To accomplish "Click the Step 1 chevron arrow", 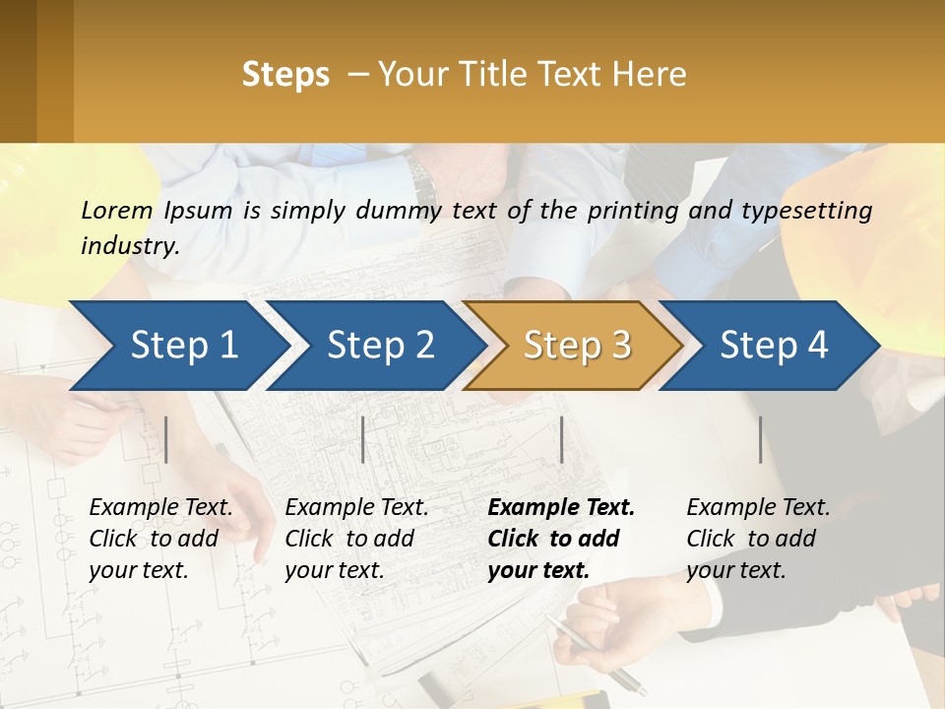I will (177, 346).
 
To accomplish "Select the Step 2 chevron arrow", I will (375, 346).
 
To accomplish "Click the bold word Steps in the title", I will (285, 74).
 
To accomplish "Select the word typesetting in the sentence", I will (806, 210).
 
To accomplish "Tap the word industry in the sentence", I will (129, 245).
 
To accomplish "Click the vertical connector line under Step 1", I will (166, 439).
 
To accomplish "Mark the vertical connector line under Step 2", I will (363, 439).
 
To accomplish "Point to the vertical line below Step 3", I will (561, 439).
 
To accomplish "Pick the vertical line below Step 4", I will (760, 439).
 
